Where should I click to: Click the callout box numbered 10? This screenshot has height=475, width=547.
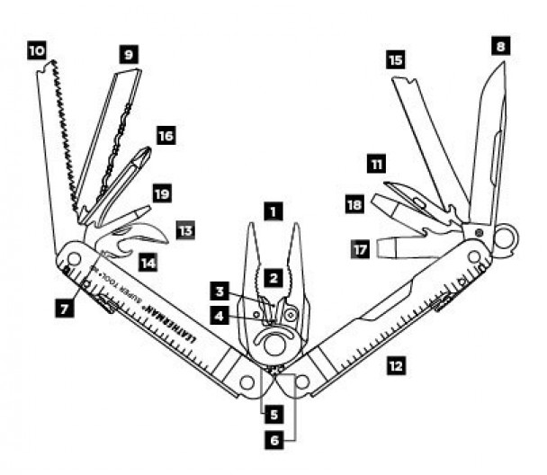37,51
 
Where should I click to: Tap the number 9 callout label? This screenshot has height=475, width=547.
129,54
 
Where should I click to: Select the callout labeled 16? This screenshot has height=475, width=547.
166,136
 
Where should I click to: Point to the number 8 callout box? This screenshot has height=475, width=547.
500,46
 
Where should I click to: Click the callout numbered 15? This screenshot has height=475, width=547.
396,59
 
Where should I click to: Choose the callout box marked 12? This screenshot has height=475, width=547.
396,366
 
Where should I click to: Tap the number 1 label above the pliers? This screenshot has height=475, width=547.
273,211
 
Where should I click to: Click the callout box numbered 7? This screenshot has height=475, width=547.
65,309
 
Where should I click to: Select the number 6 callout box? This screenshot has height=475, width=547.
274,440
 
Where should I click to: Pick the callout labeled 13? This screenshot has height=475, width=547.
185,230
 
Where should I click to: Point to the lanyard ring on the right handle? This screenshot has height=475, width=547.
504,238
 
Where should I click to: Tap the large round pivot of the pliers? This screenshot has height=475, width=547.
274,345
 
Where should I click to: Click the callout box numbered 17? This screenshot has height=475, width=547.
361,249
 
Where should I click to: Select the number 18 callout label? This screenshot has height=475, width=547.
354,204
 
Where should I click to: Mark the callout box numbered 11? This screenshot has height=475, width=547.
376,164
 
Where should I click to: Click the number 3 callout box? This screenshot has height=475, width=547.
220,291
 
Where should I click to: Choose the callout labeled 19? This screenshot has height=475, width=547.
162,193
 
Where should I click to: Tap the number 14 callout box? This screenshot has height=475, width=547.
148,263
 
